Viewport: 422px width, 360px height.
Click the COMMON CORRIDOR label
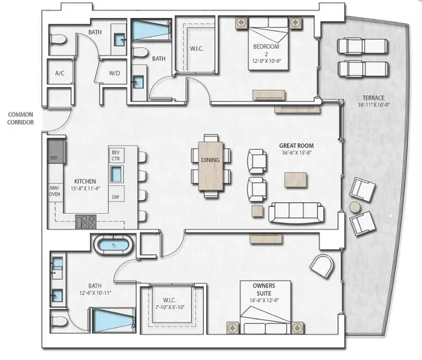coord(19,118)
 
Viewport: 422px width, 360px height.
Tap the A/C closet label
coord(58,73)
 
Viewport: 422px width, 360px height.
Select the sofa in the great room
coord(296,213)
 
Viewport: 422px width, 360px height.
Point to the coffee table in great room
coord(295,179)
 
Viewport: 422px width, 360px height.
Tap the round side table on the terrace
coord(355,206)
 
